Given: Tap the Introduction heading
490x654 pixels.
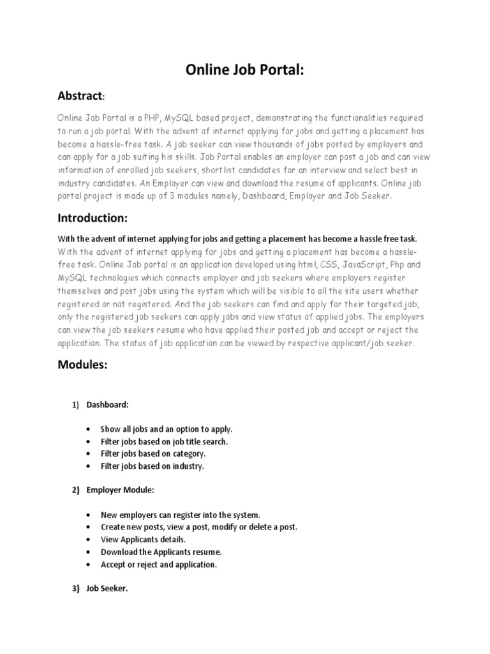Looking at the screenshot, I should click(x=93, y=218).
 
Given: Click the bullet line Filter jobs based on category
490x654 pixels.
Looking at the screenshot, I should click(x=152, y=453).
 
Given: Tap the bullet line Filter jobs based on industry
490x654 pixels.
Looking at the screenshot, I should click(x=152, y=466).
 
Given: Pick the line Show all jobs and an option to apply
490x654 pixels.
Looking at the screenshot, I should click(x=166, y=429).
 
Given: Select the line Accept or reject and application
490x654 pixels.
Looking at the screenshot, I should click(x=158, y=565).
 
